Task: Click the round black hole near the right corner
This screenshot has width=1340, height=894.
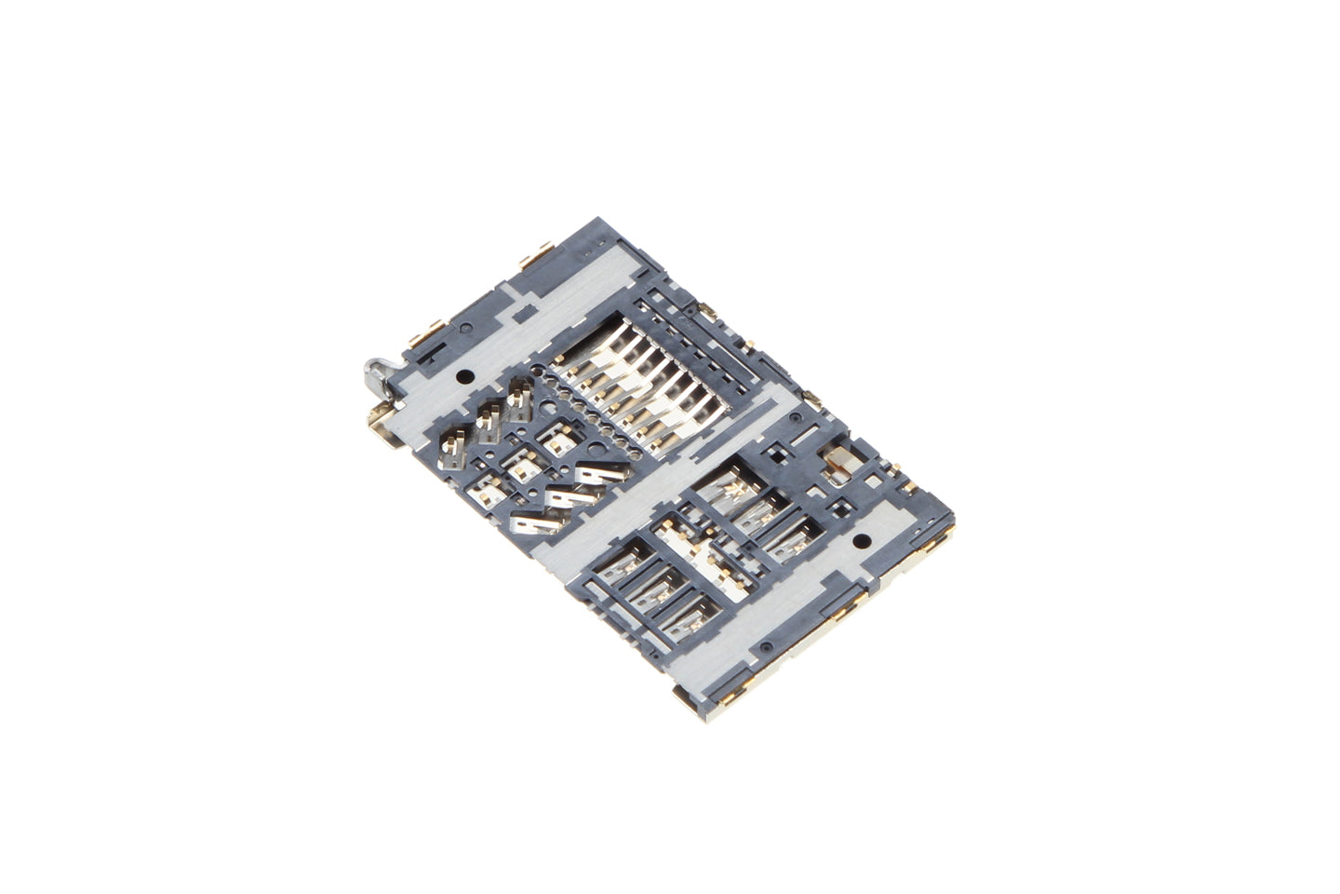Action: pyautogui.click(x=861, y=540)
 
